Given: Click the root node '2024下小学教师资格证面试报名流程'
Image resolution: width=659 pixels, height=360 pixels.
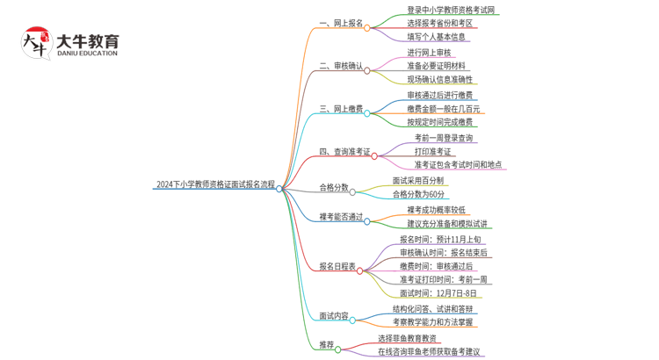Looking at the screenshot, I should coord(214,185).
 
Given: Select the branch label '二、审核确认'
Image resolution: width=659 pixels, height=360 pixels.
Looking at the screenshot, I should coord(341,66).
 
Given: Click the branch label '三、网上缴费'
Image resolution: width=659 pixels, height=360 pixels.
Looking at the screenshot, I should coord(341,110).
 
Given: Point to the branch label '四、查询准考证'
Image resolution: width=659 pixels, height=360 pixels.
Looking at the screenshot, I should coord(344,152).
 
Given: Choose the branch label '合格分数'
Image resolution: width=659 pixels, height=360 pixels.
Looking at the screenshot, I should coord(333,188).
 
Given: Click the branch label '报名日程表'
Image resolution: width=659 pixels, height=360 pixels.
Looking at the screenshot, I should coord(337,266).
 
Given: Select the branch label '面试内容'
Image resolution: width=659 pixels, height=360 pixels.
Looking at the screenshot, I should coord(333,315).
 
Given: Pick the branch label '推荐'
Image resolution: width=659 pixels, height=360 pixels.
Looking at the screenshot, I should coord(326,345).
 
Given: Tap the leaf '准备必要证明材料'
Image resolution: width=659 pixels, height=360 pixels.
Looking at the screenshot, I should coord(436,66).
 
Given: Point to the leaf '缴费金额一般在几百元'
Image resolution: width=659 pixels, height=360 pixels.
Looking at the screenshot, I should coord(443,109).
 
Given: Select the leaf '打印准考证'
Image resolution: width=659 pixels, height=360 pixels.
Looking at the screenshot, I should coord(433,151).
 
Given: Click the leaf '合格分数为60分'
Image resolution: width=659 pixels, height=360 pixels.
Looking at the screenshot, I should coord(418,194).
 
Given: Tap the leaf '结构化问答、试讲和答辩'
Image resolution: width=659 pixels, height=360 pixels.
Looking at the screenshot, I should coord(433,309).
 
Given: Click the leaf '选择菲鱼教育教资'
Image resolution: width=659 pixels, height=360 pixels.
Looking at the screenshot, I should coord(408,338).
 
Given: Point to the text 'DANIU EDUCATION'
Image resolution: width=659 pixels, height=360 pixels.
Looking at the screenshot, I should coord(86,54).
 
